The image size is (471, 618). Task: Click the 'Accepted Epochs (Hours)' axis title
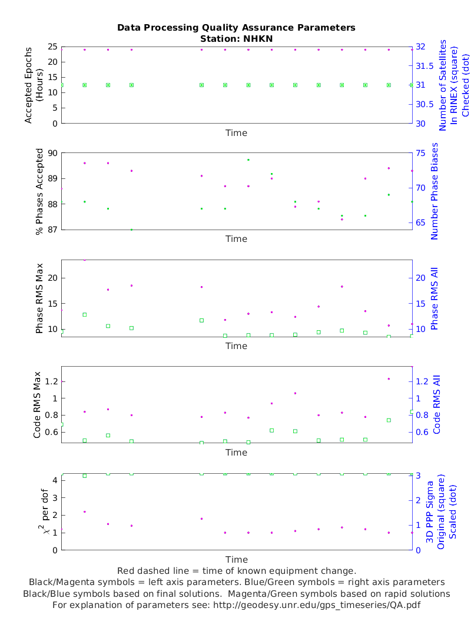[x=34, y=85]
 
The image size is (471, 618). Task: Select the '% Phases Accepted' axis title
[x=40, y=191]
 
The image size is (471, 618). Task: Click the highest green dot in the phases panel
[x=248, y=160]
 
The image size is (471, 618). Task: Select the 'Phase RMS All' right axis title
[x=435, y=298]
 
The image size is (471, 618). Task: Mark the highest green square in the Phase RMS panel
[x=85, y=314]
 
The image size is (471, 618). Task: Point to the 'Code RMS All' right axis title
[x=437, y=404]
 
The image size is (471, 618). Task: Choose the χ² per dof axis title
[x=37, y=511]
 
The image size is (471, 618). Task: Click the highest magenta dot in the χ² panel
[x=85, y=511]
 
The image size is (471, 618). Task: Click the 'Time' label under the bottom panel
[x=236, y=559]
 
